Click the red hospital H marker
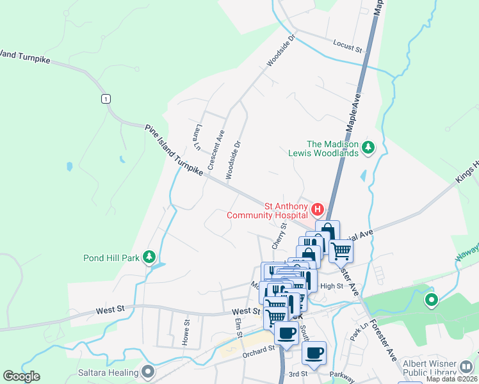(x=316, y=209)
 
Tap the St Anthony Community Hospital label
(x=264, y=211)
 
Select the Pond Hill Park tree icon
(x=149, y=257)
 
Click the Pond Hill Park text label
(x=111, y=259)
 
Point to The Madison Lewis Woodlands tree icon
(x=368, y=148)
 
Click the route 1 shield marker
(x=105, y=98)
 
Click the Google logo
(x=21, y=376)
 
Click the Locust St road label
(x=348, y=46)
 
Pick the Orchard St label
(x=258, y=349)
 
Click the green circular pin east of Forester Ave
(x=432, y=299)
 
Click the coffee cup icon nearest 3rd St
(x=314, y=352)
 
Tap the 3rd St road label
(x=298, y=373)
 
